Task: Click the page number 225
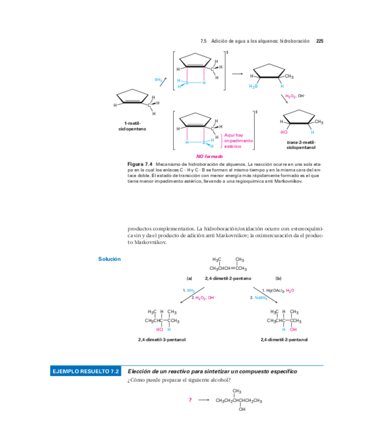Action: pyautogui.click(x=319, y=41)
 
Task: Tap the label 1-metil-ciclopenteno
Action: pyautogui.click(x=133, y=126)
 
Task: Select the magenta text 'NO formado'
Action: pyautogui.click(x=210, y=156)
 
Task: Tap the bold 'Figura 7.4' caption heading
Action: pyautogui.click(x=140, y=164)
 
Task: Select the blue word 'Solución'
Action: pyautogui.click(x=109, y=259)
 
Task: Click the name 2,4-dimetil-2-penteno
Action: pyautogui.click(x=228, y=278)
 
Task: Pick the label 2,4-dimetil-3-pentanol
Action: pyautogui.click(x=162, y=339)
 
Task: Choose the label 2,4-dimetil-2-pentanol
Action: pyautogui.click(x=284, y=339)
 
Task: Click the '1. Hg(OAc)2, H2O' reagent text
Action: pyautogui.click(x=278, y=291)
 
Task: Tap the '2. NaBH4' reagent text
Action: pyautogui.click(x=259, y=298)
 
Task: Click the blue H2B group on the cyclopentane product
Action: pyautogui.click(x=253, y=86)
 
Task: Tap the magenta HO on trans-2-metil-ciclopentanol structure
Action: pyautogui.click(x=284, y=132)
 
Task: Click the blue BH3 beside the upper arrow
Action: pyautogui.click(x=158, y=79)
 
